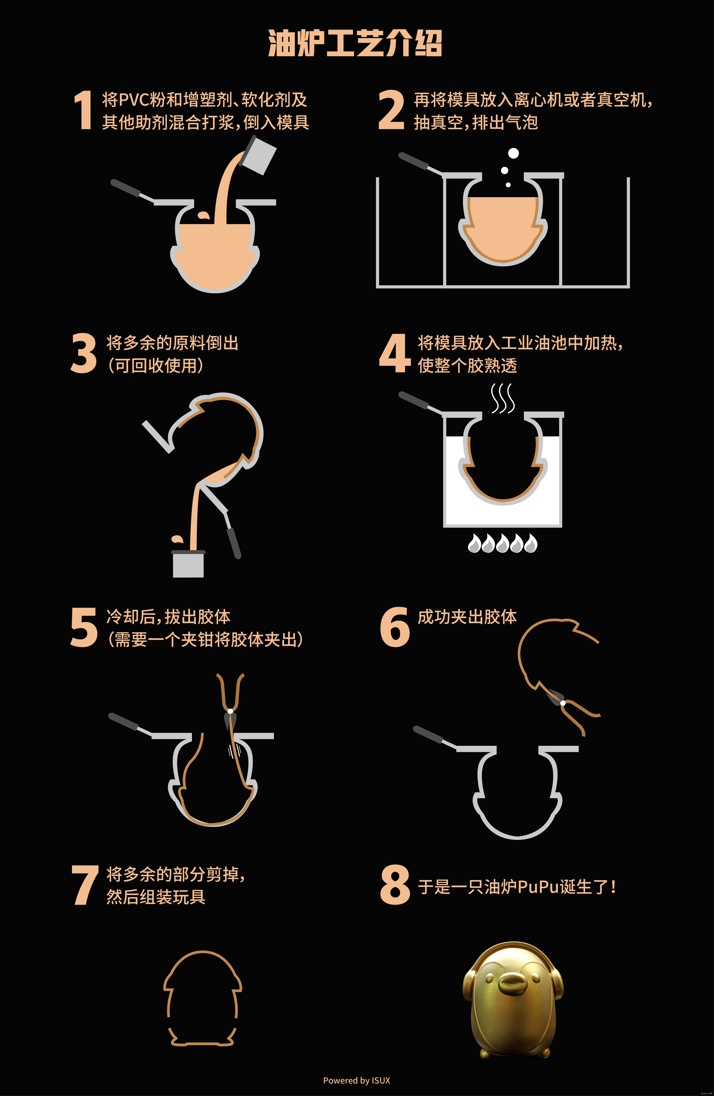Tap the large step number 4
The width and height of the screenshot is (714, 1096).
pyautogui.click(x=395, y=353)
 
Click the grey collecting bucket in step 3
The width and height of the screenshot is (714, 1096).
pyautogui.click(x=188, y=563)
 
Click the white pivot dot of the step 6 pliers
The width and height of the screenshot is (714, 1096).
pyautogui.click(x=563, y=703)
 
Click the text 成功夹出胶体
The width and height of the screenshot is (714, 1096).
pyautogui.click(x=467, y=617)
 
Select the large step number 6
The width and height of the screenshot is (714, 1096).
pyautogui.click(x=395, y=627)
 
